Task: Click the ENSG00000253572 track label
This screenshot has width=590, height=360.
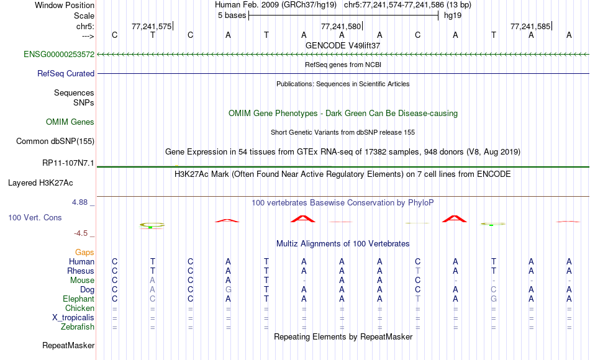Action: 59,54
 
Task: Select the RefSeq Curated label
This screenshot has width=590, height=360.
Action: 66,73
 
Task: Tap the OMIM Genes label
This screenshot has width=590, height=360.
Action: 70,122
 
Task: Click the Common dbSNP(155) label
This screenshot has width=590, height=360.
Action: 55,141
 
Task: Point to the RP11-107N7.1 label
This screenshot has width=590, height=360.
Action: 68,163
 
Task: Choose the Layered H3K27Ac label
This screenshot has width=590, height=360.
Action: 40,183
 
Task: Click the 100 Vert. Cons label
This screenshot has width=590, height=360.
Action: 35,217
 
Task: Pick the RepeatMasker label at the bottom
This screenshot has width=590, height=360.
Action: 68,345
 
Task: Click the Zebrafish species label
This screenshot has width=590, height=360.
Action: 78,326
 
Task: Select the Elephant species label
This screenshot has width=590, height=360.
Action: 79,299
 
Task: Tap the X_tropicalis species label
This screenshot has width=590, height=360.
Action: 73,318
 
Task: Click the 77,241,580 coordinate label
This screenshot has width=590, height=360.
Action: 341,26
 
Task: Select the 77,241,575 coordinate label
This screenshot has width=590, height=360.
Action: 152,26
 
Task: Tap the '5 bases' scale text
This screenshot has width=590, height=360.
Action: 232,16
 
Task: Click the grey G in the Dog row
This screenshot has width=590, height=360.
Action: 229,290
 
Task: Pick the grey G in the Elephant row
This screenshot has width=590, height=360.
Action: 494,299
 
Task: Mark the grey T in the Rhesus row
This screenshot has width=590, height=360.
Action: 418,271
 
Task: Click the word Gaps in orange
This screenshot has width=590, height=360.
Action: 84,252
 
